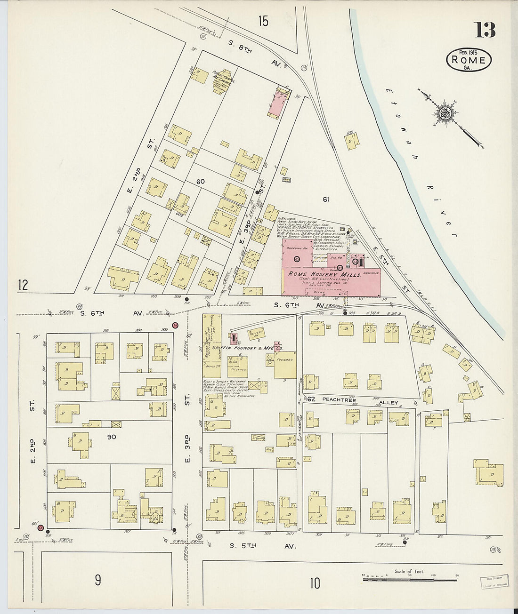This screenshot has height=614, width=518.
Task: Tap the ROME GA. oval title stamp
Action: pyautogui.click(x=469, y=61)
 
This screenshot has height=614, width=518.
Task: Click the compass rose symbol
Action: pyautogui.click(x=444, y=113)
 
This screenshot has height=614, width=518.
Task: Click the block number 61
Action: pyautogui.click(x=325, y=199)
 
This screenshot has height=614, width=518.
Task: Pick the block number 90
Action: pyautogui.click(x=111, y=437)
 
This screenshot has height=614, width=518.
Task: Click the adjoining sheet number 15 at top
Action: pyautogui.click(x=263, y=21)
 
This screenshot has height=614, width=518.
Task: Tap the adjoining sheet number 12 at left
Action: pyautogui.click(x=23, y=285)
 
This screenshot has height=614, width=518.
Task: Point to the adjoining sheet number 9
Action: pyautogui.click(x=97, y=580)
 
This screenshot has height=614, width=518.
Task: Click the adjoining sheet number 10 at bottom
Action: pyautogui.click(x=315, y=583)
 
